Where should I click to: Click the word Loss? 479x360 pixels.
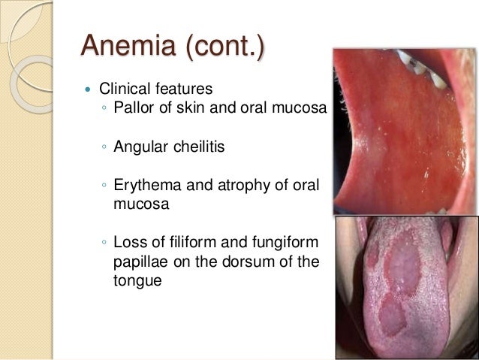pyautogui.click(x=128, y=243)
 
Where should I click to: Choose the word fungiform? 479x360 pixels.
pyautogui.click(x=284, y=243)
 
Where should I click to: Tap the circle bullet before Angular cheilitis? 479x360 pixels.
pyautogui.click(x=104, y=147)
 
